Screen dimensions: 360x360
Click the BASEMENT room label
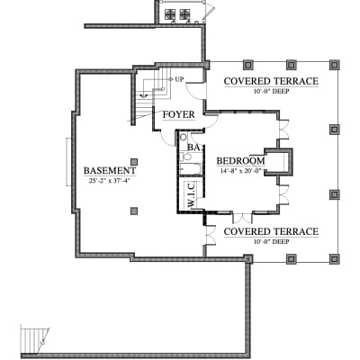tap(110, 171)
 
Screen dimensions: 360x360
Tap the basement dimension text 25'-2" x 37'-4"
tap(109, 181)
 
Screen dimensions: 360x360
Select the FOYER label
tap(179, 114)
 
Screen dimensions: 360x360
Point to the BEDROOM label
tap(241, 161)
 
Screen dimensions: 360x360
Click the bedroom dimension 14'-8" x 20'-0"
tap(241, 171)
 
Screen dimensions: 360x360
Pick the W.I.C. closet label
tap(191, 195)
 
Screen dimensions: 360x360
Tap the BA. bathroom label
tap(195, 148)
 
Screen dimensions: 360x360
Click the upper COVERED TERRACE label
tap(271, 81)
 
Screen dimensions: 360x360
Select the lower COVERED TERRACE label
tap(271, 231)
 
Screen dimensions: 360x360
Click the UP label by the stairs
tap(179, 79)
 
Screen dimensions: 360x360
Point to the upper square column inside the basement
tap(134, 162)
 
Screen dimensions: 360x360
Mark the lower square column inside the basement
tap(134, 211)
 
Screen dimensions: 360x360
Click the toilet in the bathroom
tap(186, 157)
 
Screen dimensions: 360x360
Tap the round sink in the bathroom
tap(184, 138)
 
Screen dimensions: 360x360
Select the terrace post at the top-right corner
tap(334, 65)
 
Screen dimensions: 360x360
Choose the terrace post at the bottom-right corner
tap(334, 258)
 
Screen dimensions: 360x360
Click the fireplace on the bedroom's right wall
tap(278, 162)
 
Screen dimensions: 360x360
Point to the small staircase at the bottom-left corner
tap(35, 340)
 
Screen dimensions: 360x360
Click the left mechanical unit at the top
tap(170, 13)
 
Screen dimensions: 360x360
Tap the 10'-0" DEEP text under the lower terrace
tap(271, 241)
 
